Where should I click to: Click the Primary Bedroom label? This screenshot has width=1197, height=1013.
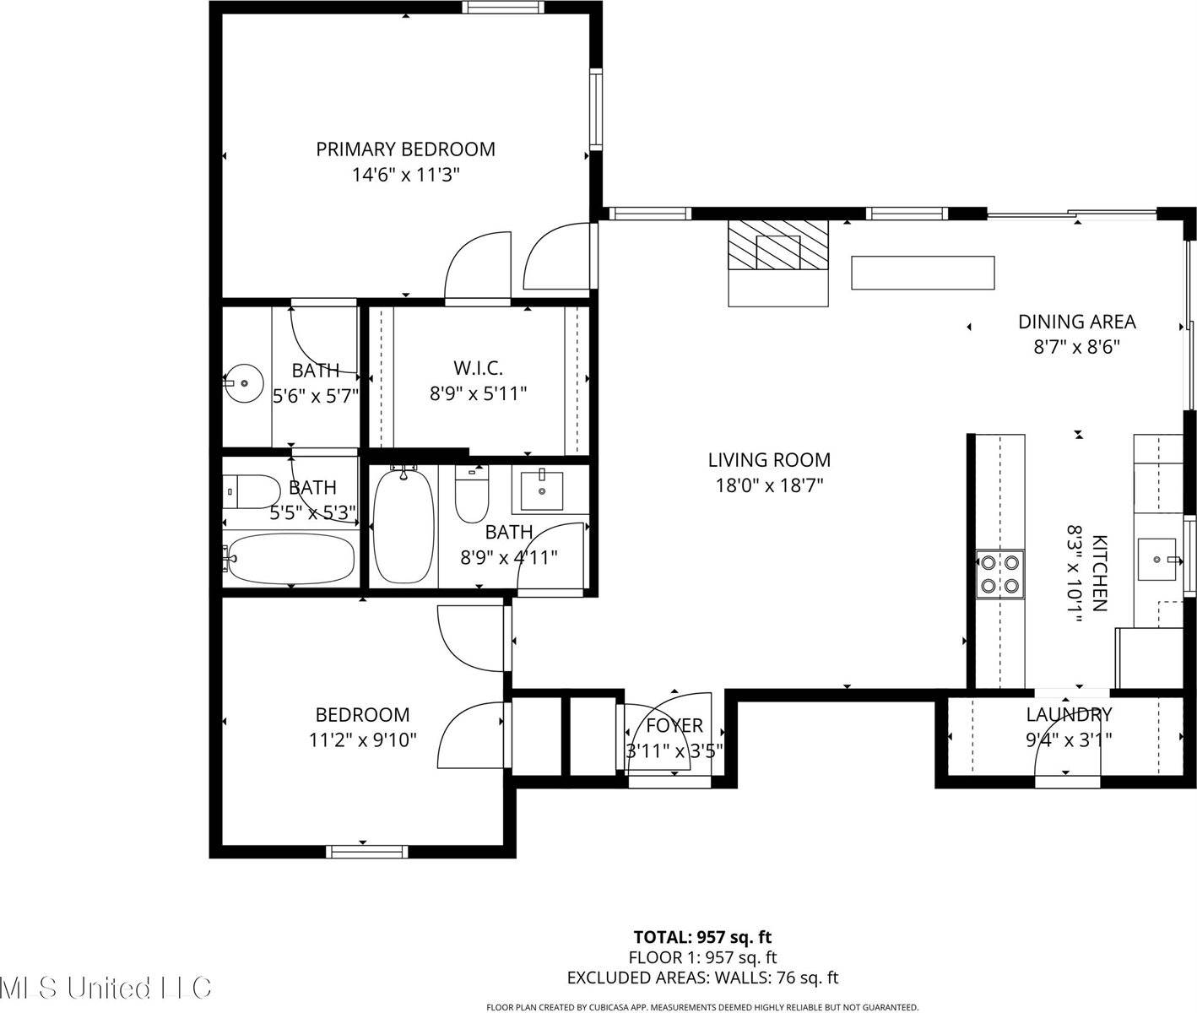point(405,149)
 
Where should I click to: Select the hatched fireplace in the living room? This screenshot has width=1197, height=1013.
point(778,246)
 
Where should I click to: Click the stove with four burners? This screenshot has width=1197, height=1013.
point(1000,573)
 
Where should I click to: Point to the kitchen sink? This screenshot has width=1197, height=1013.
point(1157,560)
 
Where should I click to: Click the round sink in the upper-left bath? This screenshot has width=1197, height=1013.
point(244,382)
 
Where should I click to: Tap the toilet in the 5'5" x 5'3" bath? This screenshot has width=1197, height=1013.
point(252,491)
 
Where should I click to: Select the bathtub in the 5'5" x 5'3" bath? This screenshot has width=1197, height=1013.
point(290,558)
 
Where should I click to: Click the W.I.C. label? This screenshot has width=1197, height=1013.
point(478,368)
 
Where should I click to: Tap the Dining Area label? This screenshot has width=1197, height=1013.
point(1076,322)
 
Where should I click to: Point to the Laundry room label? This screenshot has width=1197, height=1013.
point(1069,715)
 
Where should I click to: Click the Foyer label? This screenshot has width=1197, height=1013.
point(674,726)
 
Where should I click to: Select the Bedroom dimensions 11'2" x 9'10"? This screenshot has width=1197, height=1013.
point(363,740)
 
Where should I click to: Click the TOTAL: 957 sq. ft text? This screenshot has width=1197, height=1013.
point(702,936)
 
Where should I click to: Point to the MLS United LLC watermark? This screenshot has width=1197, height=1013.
point(106,987)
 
